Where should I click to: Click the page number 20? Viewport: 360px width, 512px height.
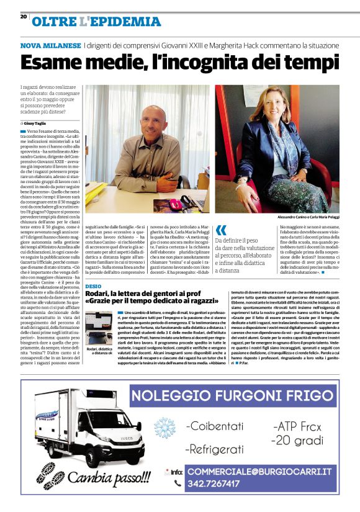click(24, 17)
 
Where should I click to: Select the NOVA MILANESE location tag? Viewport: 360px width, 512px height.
click(50, 46)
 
